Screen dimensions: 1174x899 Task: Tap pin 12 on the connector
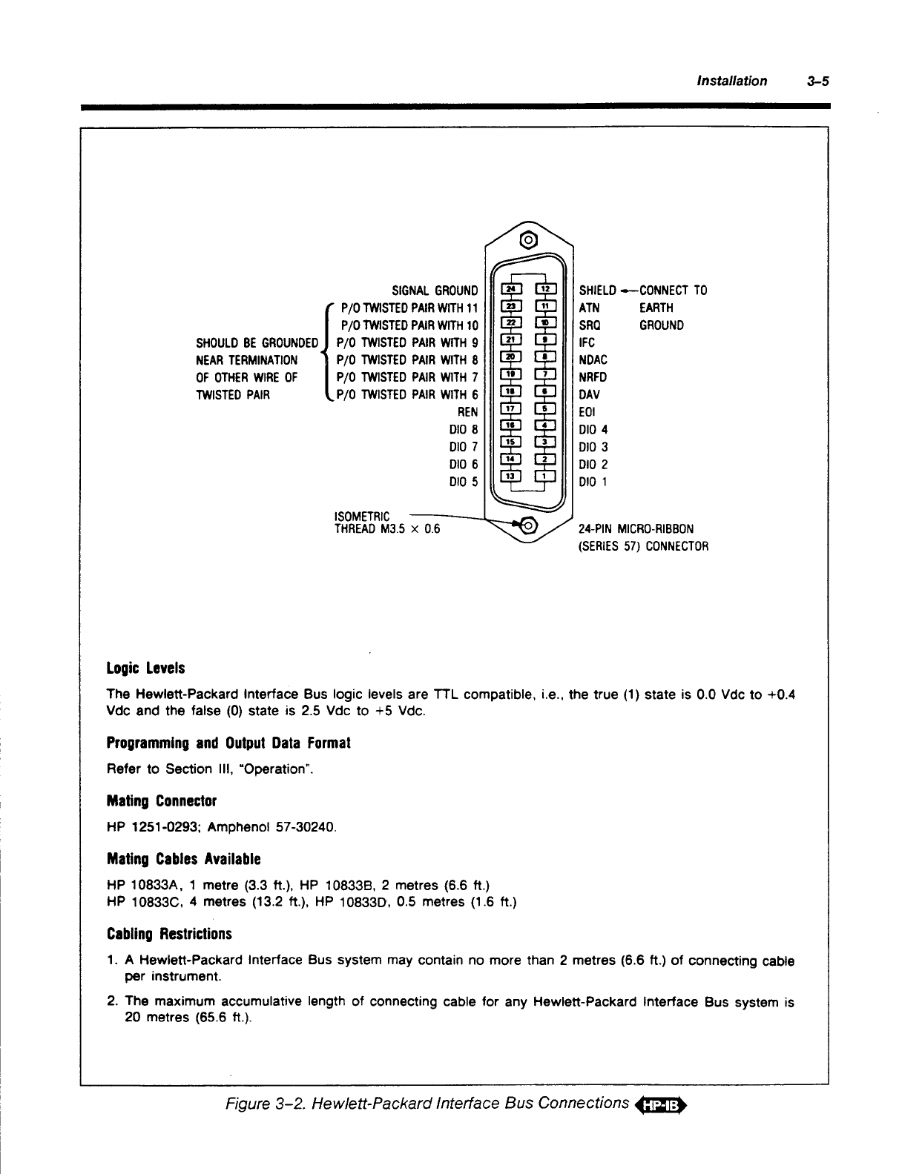pyautogui.click(x=545, y=288)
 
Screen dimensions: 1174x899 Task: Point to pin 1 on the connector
pyautogui.click(x=545, y=476)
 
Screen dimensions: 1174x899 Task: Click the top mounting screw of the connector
pyautogui.click(x=528, y=240)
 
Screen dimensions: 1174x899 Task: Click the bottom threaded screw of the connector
pyautogui.click(x=528, y=525)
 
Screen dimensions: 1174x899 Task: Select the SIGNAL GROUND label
pyautogui.click(x=435, y=291)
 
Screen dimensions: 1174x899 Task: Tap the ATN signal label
pyautogui.click(x=589, y=308)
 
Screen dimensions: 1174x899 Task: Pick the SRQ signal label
pyautogui.click(x=590, y=325)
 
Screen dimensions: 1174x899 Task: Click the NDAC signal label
pyautogui.click(x=593, y=360)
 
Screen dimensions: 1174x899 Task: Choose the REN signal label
pyautogui.click(x=468, y=412)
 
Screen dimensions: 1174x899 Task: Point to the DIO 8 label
pyautogui.click(x=464, y=429)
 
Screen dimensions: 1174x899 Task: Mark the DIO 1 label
pyautogui.click(x=593, y=482)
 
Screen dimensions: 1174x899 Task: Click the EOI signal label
pyautogui.click(x=587, y=412)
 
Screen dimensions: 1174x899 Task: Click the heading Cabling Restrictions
pyautogui.click(x=169, y=934)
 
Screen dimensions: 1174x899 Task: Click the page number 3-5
pyautogui.click(x=817, y=81)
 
